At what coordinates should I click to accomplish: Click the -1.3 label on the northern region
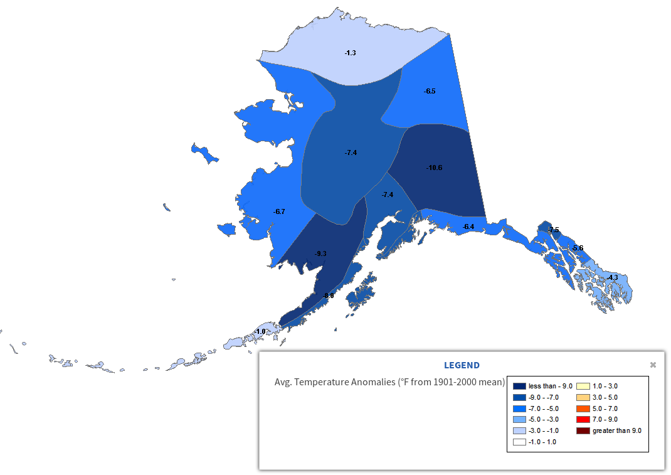click(350, 53)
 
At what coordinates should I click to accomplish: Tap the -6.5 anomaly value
click(430, 92)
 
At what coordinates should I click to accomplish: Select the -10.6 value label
click(434, 168)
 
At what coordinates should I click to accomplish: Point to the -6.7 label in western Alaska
click(279, 212)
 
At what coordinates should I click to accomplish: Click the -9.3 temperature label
click(320, 254)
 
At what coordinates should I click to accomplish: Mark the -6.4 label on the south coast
click(468, 227)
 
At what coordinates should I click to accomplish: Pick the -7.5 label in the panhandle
click(553, 230)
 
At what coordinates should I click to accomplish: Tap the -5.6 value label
click(578, 248)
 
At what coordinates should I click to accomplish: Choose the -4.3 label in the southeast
click(612, 277)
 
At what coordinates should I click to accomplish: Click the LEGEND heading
click(462, 365)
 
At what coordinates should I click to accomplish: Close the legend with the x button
click(653, 365)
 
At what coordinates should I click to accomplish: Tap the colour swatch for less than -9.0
click(519, 387)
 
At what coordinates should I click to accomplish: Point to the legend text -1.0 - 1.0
click(542, 442)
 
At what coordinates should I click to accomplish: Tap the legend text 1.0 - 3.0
click(605, 387)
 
